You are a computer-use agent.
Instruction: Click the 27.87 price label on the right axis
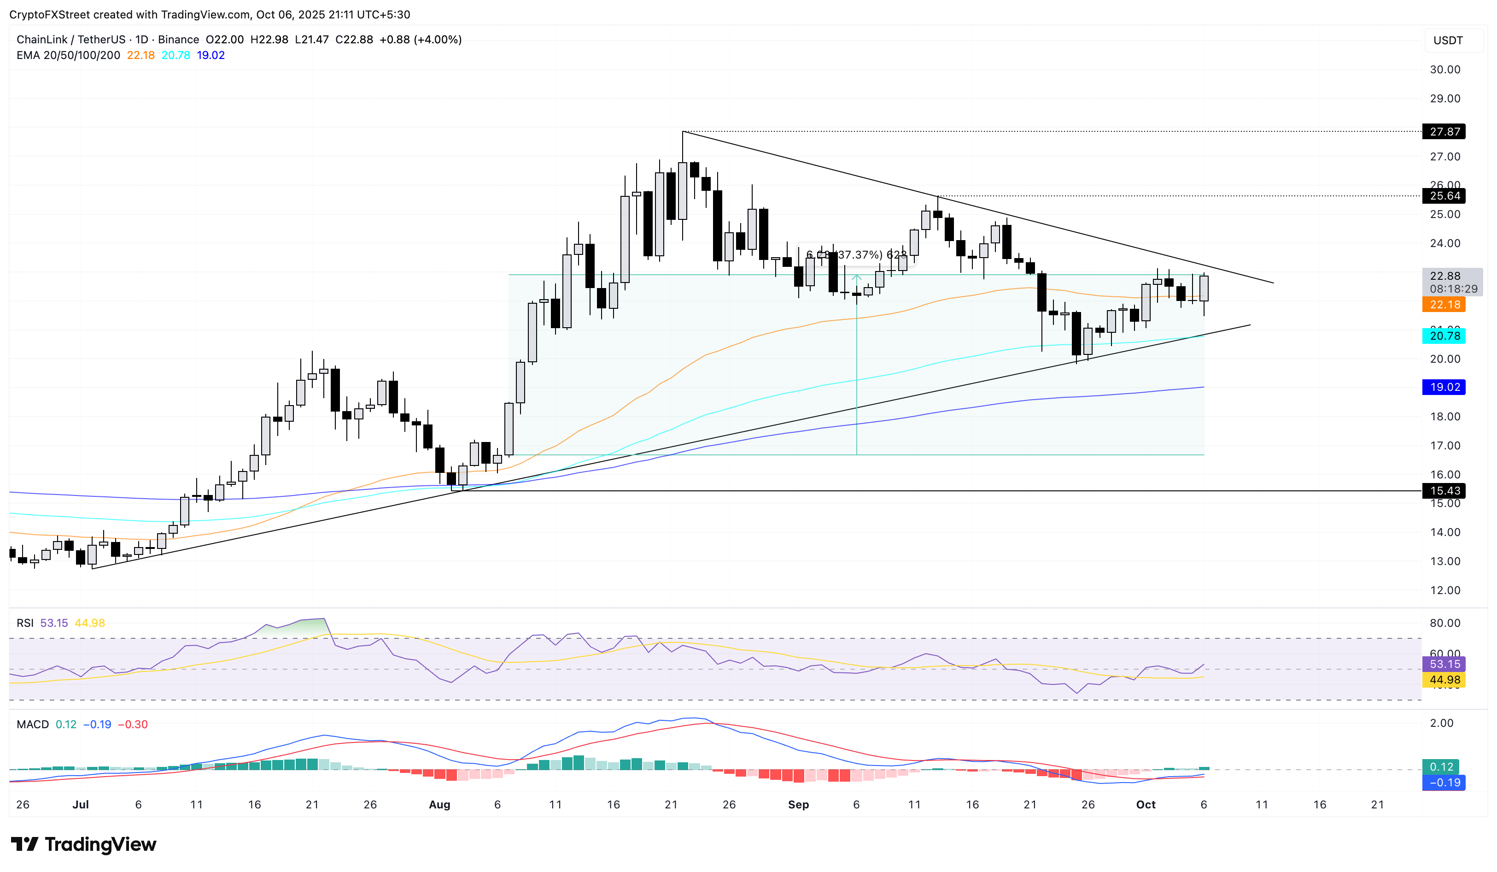1444,131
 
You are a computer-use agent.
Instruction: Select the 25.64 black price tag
1444,195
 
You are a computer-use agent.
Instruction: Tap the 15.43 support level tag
1444,490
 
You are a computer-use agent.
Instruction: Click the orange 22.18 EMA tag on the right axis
1444,304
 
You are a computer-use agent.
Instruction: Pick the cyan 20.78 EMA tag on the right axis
1444,336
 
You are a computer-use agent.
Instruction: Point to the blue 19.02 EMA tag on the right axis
1444,387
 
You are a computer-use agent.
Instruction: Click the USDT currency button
1448,41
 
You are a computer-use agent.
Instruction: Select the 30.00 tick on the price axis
1445,70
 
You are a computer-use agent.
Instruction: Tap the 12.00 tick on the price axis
1445,590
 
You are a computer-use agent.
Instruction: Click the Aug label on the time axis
439,804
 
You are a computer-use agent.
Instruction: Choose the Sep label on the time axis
798,804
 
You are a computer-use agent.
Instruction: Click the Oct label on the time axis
1146,804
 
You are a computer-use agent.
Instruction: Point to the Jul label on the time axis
80,804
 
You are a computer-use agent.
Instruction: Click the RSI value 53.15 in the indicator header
54,623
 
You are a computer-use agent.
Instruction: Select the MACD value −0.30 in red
133,724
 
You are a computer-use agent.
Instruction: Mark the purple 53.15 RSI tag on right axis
1444,664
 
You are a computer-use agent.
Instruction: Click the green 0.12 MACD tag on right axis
1442,767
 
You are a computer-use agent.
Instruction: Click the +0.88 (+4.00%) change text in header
421,39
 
